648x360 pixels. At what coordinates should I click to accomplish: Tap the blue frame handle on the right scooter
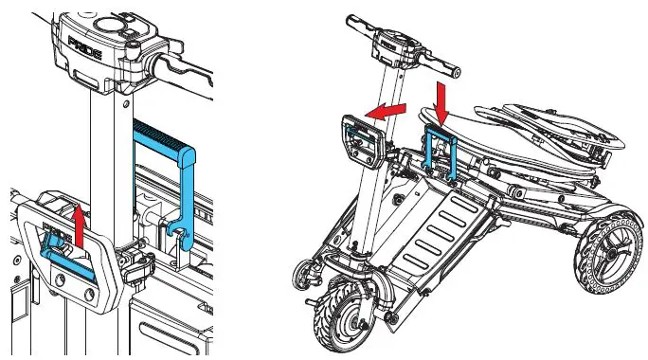point(442,152)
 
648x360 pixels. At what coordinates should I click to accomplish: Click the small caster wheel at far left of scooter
point(304,273)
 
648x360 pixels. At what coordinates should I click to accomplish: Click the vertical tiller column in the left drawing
point(102,142)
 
